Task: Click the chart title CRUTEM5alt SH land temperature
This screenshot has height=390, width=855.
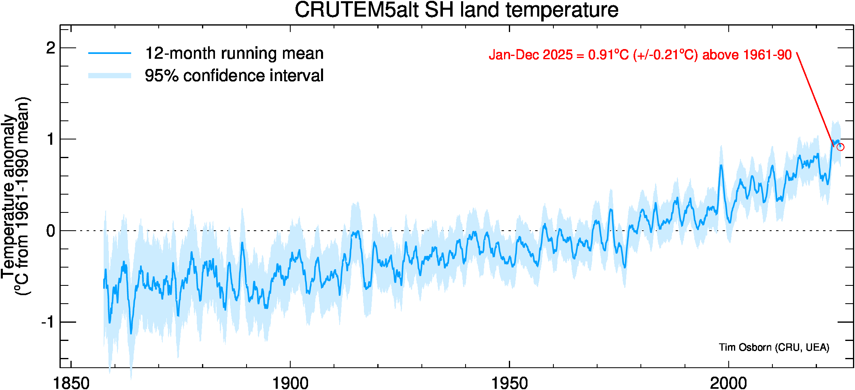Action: (x=456, y=10)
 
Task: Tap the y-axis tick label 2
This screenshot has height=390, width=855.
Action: (x=51, y=48)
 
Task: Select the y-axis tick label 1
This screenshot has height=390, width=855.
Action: (x=51, y=139)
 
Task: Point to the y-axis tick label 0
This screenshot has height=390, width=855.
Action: (x=51, y=231)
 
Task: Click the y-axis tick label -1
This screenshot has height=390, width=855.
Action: (x=48, y=322)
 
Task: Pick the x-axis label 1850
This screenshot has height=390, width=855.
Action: (x=71, y=383)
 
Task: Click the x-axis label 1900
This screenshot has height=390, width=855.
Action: (x=290, y=383)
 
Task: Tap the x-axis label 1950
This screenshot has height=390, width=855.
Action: (x=509, y=383)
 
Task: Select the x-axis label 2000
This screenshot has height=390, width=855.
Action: (x=728, y=383)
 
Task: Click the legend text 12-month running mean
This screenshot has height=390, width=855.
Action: (x=234, y=54)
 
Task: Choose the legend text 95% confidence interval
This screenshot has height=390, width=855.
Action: (x=234, y=76)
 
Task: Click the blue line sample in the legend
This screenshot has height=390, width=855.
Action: (x=110, y=53)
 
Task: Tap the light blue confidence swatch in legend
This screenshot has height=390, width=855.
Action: (x=110, y=76)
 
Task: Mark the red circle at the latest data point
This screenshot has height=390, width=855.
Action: (x=840, y=147)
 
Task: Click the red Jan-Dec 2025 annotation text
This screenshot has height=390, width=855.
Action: (x=640, y=55)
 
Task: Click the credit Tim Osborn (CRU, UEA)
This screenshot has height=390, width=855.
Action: (x=774, y=347)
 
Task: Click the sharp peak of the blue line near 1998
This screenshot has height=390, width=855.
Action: (x=721, y=165)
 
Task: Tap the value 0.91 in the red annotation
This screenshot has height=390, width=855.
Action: (x=601, y=55)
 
